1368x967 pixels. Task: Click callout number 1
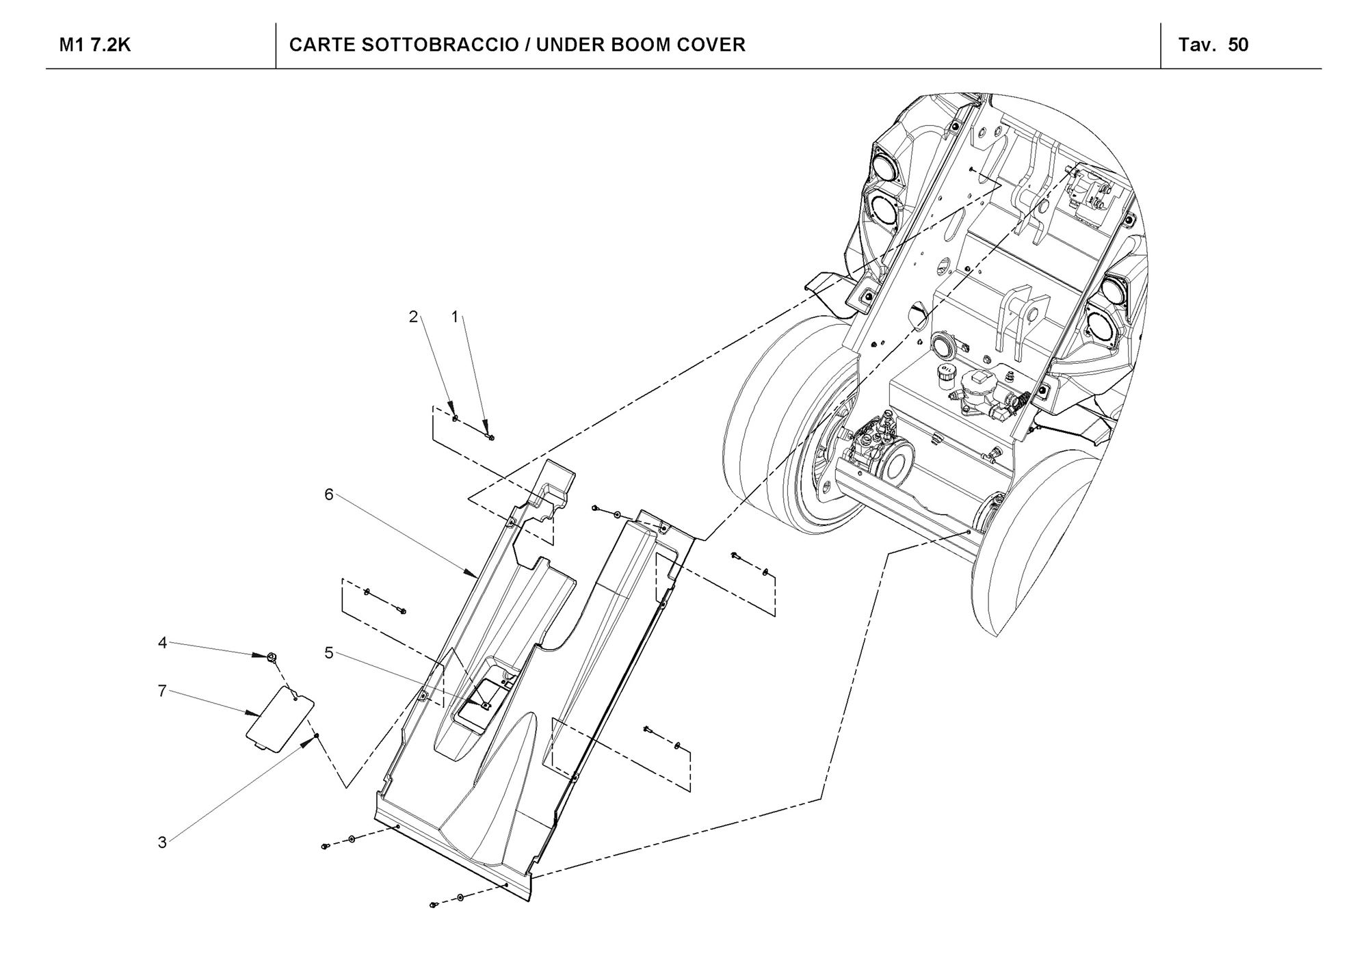(x=455, y=317)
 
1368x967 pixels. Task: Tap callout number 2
(x=413, y=317)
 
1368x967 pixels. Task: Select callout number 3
(x=162, y=843)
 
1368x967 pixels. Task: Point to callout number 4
(x=162, y=643)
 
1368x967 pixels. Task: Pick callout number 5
(x=329, y=653)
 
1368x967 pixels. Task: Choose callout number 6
(x=329, y=494)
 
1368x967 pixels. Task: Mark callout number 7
(x=162, y=691)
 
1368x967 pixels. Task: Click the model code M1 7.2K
(x=95, y=45)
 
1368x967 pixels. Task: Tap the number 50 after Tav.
(x=1238, y=45)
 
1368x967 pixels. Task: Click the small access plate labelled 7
(x=280, y=719)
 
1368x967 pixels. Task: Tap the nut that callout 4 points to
(x=272, y=657)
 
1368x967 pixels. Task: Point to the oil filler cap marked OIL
(x=947, y=372)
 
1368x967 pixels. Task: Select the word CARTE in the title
(x=321, y=45)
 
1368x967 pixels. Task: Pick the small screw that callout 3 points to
(x=317, y=736)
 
